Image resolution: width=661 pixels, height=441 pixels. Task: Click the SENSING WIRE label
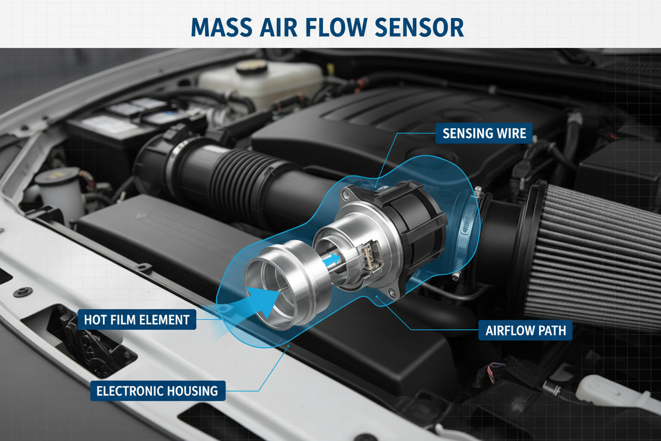click(484, 133)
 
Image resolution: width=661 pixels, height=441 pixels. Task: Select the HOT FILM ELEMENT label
click(137, 320)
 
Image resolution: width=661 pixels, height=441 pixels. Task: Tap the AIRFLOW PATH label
click(525, 330)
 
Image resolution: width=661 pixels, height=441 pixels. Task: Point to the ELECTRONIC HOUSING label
click(158, 391)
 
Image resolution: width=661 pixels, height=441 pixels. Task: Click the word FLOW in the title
click(336, 27)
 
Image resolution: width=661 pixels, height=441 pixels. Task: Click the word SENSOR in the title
click(419, 27)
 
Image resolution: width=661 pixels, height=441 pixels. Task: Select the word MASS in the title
click(221, 27)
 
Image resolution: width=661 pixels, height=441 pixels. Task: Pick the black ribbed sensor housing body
click(413, 225)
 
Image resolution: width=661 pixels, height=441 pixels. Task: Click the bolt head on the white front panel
click(23, 292)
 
